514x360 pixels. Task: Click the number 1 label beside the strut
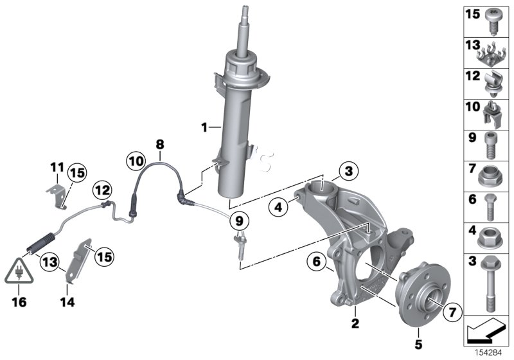point(204,128)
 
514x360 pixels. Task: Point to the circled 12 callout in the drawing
point(102,189)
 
